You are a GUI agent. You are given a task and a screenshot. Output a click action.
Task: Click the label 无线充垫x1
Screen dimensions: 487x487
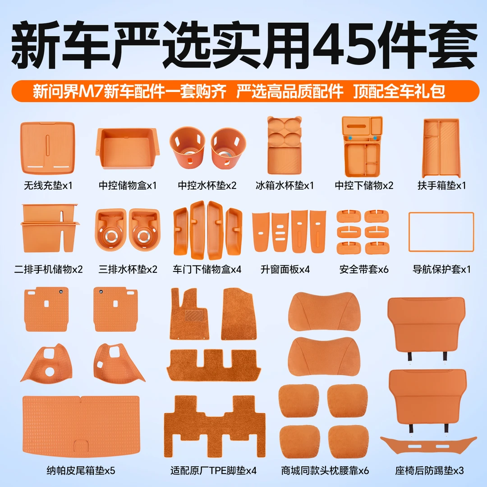tap(48, 185)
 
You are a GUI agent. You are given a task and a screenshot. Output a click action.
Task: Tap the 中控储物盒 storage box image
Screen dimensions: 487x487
tap(128, 148)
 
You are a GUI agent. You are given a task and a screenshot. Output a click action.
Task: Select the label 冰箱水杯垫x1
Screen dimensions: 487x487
tap(285, 185)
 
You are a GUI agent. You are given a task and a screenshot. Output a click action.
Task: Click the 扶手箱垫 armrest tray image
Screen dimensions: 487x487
tap(441, 148)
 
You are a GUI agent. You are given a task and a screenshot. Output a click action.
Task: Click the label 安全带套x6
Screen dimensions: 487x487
tap(364, 269)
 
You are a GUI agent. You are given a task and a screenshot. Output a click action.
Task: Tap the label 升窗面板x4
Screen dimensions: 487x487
tap(285, 269)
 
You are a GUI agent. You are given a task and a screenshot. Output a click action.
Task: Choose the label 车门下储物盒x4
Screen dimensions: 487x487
tap(207, 269)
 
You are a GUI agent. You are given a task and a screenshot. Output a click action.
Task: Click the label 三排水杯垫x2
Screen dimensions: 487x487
tap(128, 269)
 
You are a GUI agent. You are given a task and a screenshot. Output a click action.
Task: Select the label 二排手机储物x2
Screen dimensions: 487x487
tap(48, 269)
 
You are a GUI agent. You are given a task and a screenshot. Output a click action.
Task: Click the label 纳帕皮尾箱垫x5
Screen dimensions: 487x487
tap(81, 470)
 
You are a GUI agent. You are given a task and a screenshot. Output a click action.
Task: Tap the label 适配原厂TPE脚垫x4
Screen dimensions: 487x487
tap(213, 470)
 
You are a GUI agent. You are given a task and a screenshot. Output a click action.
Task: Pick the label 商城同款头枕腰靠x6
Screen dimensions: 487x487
tap(325, 470)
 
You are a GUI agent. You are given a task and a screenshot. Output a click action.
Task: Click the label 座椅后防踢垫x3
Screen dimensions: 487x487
tap(429, 470)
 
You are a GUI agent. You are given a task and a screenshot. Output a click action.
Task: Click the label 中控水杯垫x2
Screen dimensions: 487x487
tap(207, 185)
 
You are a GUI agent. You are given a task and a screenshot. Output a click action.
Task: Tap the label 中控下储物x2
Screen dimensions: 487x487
tap(364, 185)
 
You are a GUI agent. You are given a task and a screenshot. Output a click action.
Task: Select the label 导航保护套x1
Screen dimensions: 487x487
tap(441, 269)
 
